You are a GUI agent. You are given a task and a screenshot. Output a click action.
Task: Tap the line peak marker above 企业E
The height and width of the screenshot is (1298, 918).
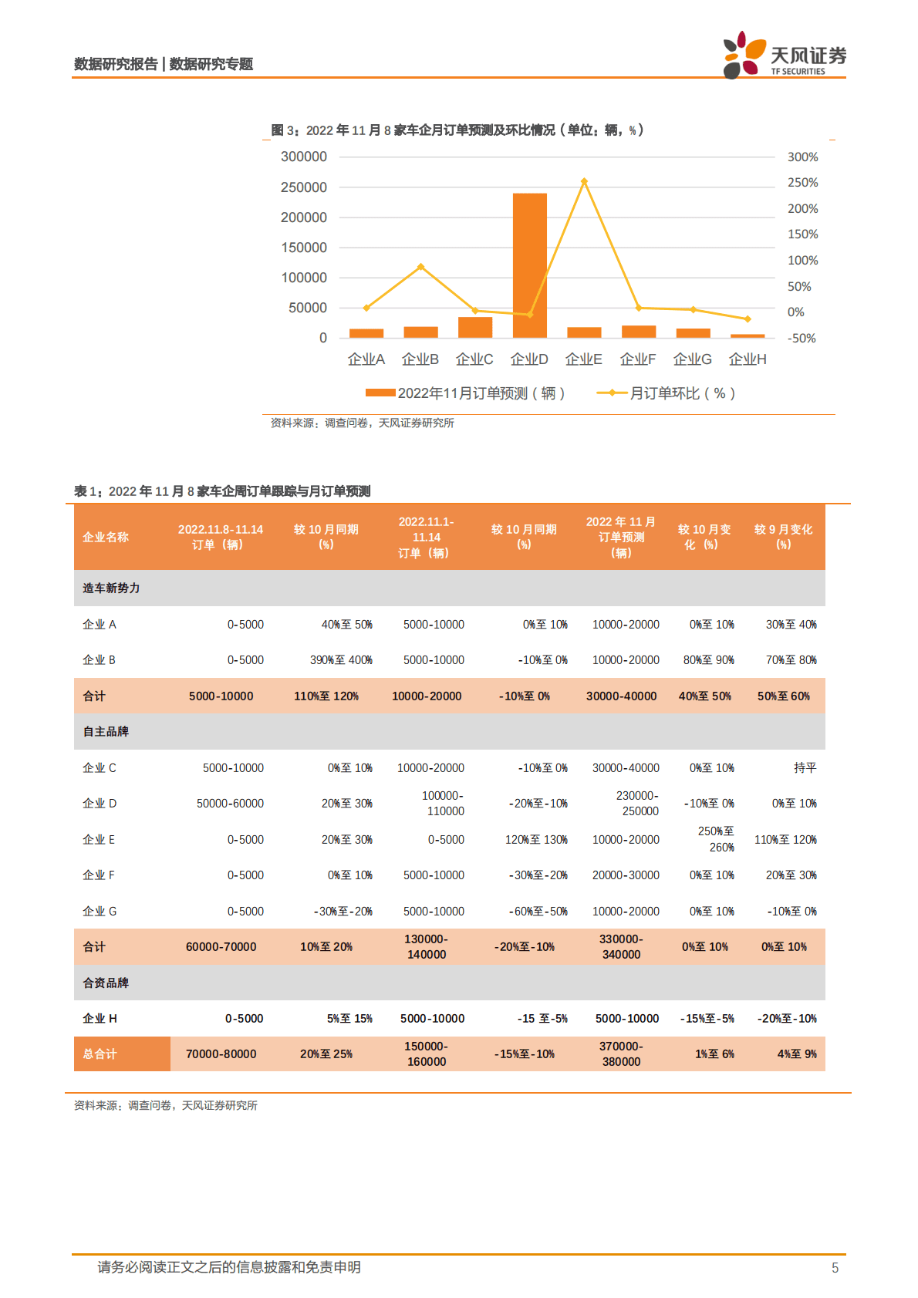[584, 182]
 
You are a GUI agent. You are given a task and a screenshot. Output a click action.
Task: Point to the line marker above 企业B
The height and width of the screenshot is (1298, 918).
[420, 267]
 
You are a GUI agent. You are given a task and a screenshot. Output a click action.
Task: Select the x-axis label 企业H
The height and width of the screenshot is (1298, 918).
[748, 359]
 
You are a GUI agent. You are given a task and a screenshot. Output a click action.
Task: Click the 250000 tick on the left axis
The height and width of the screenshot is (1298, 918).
[304, 187]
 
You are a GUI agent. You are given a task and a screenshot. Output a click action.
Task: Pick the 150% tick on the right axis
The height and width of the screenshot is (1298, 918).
[802, 234]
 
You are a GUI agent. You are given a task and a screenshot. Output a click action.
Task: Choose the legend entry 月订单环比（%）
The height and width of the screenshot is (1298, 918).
[666, 393]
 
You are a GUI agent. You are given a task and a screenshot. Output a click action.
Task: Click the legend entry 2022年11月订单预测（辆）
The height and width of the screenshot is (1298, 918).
[466, 393]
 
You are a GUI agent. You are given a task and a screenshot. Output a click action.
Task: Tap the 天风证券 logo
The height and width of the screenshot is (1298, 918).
[784, 56]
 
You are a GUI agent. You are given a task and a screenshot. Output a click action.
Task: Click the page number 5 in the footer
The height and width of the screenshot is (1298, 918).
[835, 1268]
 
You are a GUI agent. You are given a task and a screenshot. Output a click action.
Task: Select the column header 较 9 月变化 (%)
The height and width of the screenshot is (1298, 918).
[783, 537]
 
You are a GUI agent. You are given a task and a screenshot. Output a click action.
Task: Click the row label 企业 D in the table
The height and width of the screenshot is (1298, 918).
[100, 804]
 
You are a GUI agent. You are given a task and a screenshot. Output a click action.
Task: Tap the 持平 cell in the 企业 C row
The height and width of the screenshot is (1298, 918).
[805, 768]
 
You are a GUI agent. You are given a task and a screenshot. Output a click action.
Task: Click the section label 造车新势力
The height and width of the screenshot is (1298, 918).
[111, 588]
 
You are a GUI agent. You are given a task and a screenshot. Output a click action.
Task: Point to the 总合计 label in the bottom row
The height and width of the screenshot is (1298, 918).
[100, 1054]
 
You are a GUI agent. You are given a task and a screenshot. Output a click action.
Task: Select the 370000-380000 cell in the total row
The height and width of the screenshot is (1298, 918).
[621, 1054]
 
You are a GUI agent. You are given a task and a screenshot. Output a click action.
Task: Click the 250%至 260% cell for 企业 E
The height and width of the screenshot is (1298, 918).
[715, 839]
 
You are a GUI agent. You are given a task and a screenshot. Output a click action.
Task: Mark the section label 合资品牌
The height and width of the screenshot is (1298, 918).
[106, 983]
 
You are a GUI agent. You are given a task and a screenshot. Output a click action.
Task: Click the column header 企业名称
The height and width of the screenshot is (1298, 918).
[106, 538]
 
